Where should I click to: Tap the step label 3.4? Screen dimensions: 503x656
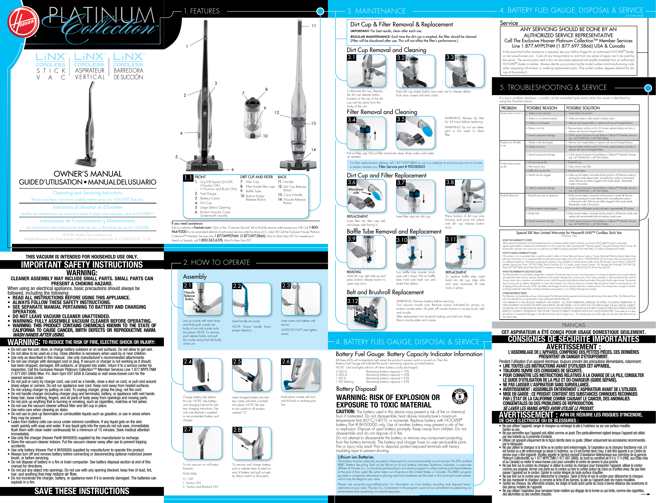pos(352,120)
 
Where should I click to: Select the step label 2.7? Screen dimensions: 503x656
pos(188,429)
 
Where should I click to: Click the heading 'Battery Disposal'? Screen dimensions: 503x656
pos(356,389)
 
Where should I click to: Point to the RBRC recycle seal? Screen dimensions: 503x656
pos(460,397)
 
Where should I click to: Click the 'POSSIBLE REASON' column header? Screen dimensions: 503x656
pos(542,108)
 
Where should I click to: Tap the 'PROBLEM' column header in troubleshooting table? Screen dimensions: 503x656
pos(509,108)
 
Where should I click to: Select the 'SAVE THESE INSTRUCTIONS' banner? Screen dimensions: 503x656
pos(82,491)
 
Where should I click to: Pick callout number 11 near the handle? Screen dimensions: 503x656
pos(314,26)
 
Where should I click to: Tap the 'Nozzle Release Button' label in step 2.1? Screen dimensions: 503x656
pos(189,295)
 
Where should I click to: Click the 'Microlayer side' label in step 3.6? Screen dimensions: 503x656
pos(356,191)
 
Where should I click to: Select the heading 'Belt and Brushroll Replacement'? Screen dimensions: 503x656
pos(385,292)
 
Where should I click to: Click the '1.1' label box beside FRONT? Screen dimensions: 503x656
pos(188,178)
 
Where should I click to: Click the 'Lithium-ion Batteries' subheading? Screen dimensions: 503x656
pos(356,457)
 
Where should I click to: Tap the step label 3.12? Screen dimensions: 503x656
pos(353,301)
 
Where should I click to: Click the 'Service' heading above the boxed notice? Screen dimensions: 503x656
pos(509,23)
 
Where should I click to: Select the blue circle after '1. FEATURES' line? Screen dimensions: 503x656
pos(320,11)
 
